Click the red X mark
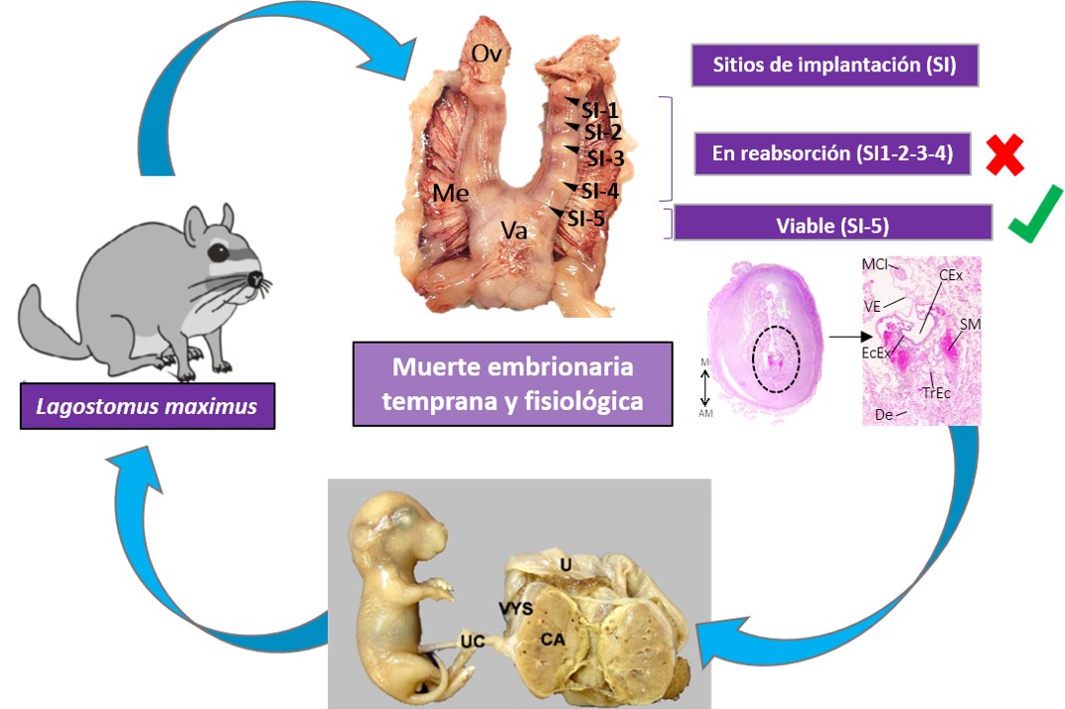coord(1004,156)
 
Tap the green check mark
coord(1034,219)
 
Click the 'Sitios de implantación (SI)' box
coord(836,66)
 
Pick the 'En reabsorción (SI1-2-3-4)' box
coord(831,154)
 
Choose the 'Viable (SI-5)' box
coord(833,223)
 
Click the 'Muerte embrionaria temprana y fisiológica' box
coord(513,383)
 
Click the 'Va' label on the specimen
coord(514,230)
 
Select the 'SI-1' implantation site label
coord(601,111)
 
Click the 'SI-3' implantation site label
coord(605,157)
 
